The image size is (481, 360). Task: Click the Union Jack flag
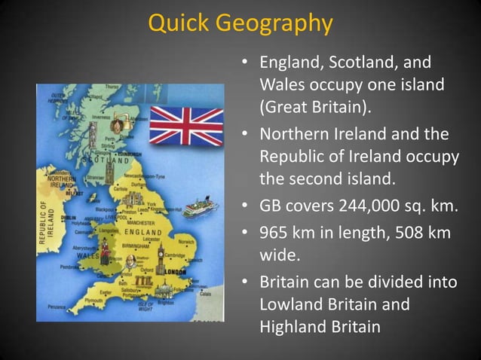186,126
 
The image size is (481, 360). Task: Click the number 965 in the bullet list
277,234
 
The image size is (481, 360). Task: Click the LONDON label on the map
174,271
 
